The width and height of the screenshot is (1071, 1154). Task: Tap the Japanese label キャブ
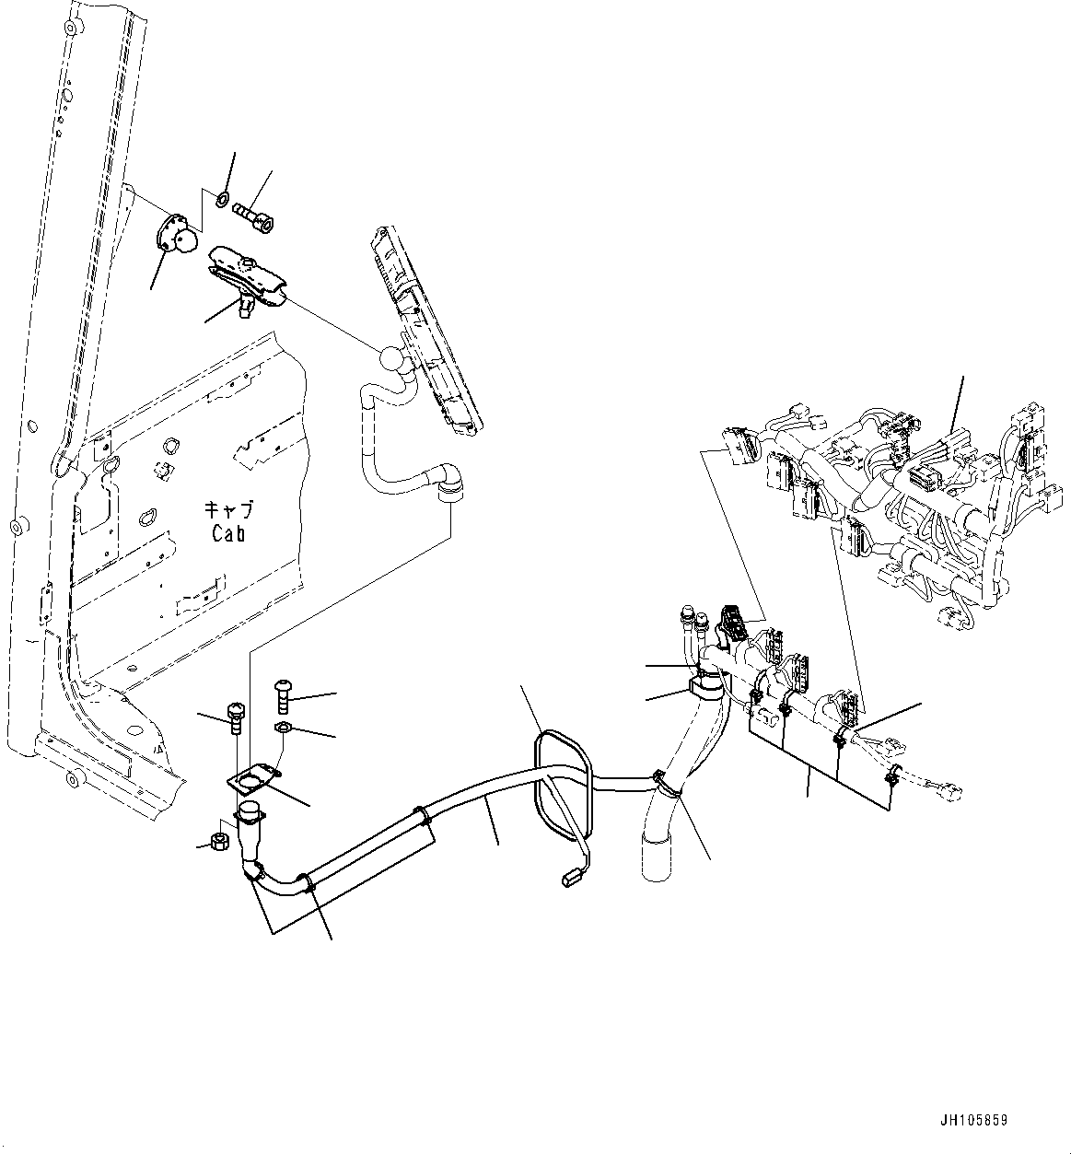[229, 509]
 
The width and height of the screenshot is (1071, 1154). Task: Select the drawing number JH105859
[973, 1120]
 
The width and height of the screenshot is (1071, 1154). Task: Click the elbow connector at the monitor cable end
[452, 482]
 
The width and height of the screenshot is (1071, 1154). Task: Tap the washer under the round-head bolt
[283, 729]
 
